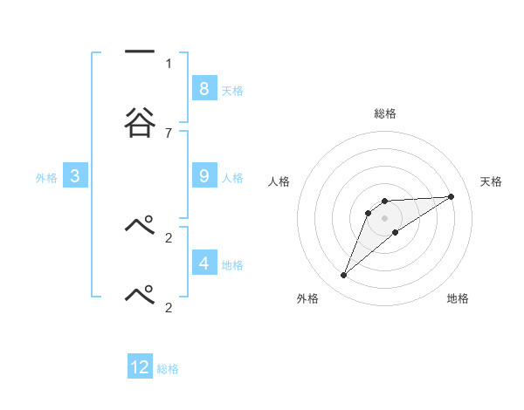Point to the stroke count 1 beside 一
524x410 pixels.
pyautogui.click(x=169, y=63)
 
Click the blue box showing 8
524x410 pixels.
pyautogui.click(x=203, y=88)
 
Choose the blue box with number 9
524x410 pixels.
pyautogui.click(x=203, y=176)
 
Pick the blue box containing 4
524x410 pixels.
pyautogui.click(x=203, y=263)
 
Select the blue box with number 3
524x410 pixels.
pyautogui.click(x=75, y=176)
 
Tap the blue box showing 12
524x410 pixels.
pyautogui.click(x=140, y=367)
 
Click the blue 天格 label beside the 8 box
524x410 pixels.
pyautogui.click(x=232, y=91)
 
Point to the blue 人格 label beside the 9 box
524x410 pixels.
pyautogui.click(x=232, y=178)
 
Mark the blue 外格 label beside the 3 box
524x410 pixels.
pyautogui.click(x=45, y=178)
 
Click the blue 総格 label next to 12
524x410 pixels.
pyautogui.click(x=168, y=369)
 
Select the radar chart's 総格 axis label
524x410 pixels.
pyautogui.click(x=384, y=113)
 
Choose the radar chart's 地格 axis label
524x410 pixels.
pyautogui.click(x=458, y=299)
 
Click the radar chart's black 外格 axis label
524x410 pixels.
pyautogui.click(x=307, y=299)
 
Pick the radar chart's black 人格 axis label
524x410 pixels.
pyautogui.click(x=279, y=181)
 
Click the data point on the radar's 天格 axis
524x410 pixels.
pyautogui.click(x=452, y=196)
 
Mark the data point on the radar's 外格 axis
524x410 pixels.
pyautogui.click(x=344, y=275)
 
